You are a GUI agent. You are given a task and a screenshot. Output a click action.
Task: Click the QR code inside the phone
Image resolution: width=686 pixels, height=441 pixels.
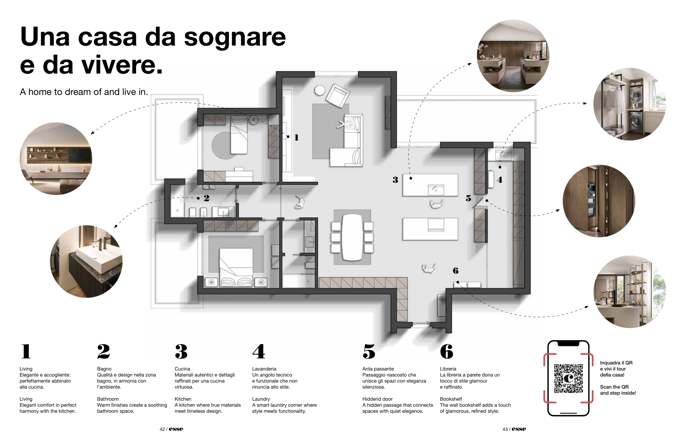(x=568, y=378)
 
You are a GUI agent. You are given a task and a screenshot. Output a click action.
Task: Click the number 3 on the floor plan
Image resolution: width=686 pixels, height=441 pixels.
(x=395, y=180)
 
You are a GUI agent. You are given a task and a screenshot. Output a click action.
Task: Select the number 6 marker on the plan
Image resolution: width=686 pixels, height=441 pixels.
(x=456, y=271)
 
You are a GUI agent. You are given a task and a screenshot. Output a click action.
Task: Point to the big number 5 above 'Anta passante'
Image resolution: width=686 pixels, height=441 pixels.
(x=369, y=351)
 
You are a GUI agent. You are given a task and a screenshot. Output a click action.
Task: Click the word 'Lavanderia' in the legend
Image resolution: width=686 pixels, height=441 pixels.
(x=264, y=369)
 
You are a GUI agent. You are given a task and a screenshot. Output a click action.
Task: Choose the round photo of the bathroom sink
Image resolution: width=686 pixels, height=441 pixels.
(x=86, y=262)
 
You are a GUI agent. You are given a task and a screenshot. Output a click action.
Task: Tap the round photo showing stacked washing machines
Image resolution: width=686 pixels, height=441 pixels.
(x=629, y=104)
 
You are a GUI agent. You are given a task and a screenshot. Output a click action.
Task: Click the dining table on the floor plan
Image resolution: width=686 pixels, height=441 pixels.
(x=352, y=237)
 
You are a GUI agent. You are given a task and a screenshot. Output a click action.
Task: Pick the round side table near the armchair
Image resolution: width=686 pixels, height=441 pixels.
(x=319, y=91)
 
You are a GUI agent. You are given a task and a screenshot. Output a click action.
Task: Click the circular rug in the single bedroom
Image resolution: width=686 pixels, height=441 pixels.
(x=222, y=145)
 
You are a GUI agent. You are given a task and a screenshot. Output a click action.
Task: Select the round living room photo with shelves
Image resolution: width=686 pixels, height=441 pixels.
(x=56, y=159)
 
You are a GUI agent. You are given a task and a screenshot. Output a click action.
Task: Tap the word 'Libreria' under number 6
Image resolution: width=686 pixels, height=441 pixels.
(x=448, y=369)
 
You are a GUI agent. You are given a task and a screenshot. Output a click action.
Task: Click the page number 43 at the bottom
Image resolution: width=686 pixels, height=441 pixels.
(x=505, y=429)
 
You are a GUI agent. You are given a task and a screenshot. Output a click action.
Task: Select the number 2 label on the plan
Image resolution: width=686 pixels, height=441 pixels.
(x=206, y=198)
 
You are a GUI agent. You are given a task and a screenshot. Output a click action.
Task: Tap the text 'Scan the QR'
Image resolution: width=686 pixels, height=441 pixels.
(x=614, y=387)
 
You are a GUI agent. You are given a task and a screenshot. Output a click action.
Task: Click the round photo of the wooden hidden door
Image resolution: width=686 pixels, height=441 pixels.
(x=599, y=201)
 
